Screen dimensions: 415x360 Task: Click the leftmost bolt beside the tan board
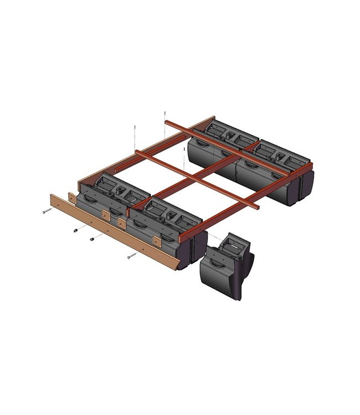(47, 210)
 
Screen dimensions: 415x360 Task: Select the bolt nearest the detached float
(132, 255)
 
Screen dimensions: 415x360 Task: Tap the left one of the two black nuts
(76, 230)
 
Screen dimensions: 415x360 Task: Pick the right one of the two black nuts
(91, 240)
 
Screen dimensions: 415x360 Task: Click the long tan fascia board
(111, 232)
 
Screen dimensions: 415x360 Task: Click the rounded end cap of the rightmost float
(306, 185)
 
